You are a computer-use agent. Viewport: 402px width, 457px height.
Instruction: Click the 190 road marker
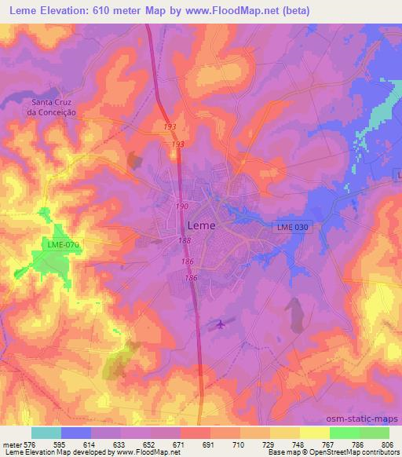tap(181, 207)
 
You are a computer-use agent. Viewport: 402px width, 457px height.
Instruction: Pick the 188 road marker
tap(185, 240)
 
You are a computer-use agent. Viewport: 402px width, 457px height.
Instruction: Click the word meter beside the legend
tap(9, 444)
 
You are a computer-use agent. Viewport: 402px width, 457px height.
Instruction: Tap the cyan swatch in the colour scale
tap(46, 433)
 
